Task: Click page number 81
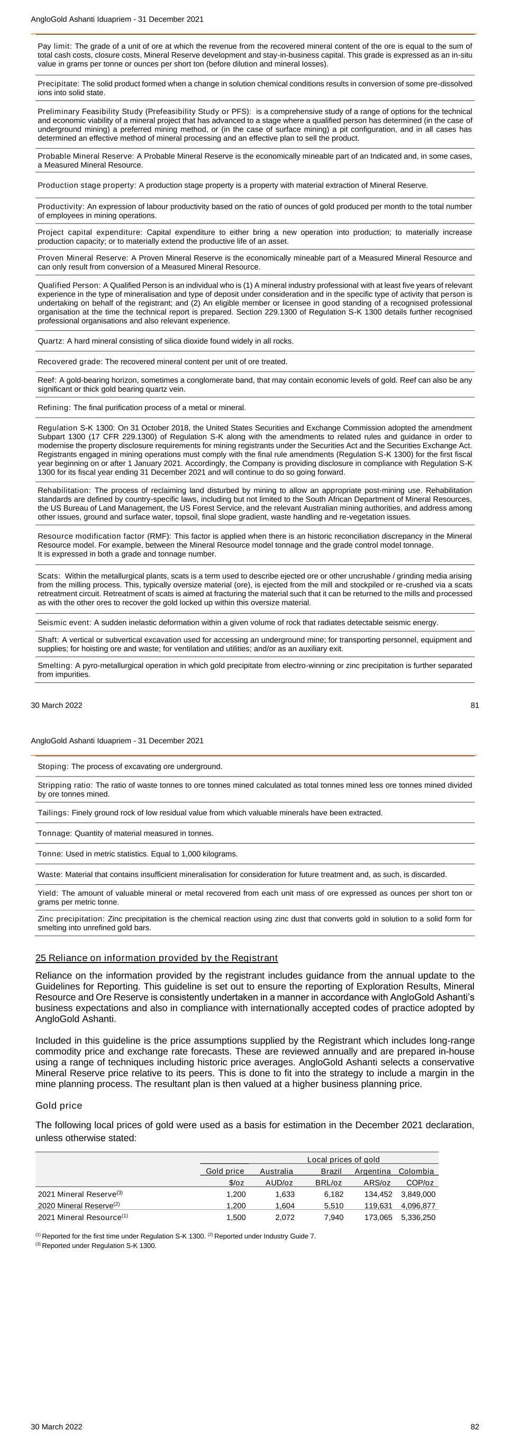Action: [x=474, y=705]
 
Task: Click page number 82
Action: [x=474, y=1426]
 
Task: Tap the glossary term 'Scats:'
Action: [x=49, y=576]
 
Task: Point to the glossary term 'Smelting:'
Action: [x=55, y=665]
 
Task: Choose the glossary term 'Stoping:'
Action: [x=53, y=766]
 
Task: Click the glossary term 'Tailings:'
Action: [x=53, y=813]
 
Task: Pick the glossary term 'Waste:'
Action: [x=50, y=874]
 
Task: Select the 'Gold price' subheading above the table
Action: [x=58, y=1106]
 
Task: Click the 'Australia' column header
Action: [x=276, y=1171]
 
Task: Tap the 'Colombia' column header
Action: [x=416, y=1171]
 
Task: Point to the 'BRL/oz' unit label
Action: [x=329, y=1182]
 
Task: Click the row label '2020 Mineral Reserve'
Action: [x=76, y=1206]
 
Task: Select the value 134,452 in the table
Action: [x=378, y=1194]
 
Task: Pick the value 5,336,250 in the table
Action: [x=418, y=1217]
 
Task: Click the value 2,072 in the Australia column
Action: [x=285, y=1217]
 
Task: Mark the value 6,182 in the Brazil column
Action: [x=333, y=1194]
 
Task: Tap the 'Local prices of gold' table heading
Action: [x=343, y=1160]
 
